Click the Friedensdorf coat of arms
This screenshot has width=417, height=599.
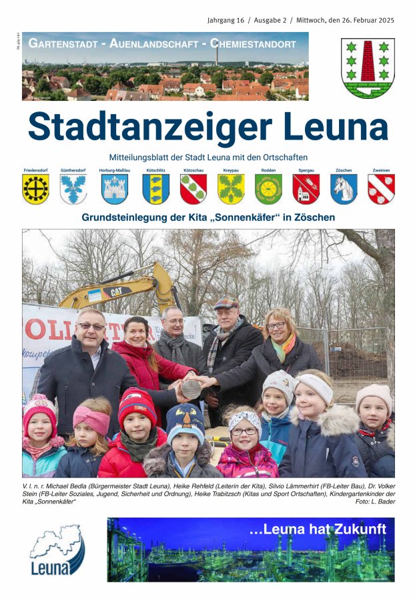(x=35, y=190)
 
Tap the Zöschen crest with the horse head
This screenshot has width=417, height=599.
(x=344, y=190)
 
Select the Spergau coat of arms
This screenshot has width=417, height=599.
(x=306, y=190)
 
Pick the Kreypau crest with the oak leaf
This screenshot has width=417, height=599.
(x=231, y=190)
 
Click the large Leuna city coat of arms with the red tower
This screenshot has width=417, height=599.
(x=368, y=68)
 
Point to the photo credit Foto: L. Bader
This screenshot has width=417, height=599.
(x=375, y=502)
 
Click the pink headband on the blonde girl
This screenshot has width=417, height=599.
(x=91, y=419)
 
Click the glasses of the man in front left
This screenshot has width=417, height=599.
(x=91, y=327)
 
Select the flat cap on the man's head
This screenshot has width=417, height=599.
(x=226, y=303)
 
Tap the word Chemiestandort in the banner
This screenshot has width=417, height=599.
(x=254, y=44)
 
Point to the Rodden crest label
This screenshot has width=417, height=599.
(x=268, y=171)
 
